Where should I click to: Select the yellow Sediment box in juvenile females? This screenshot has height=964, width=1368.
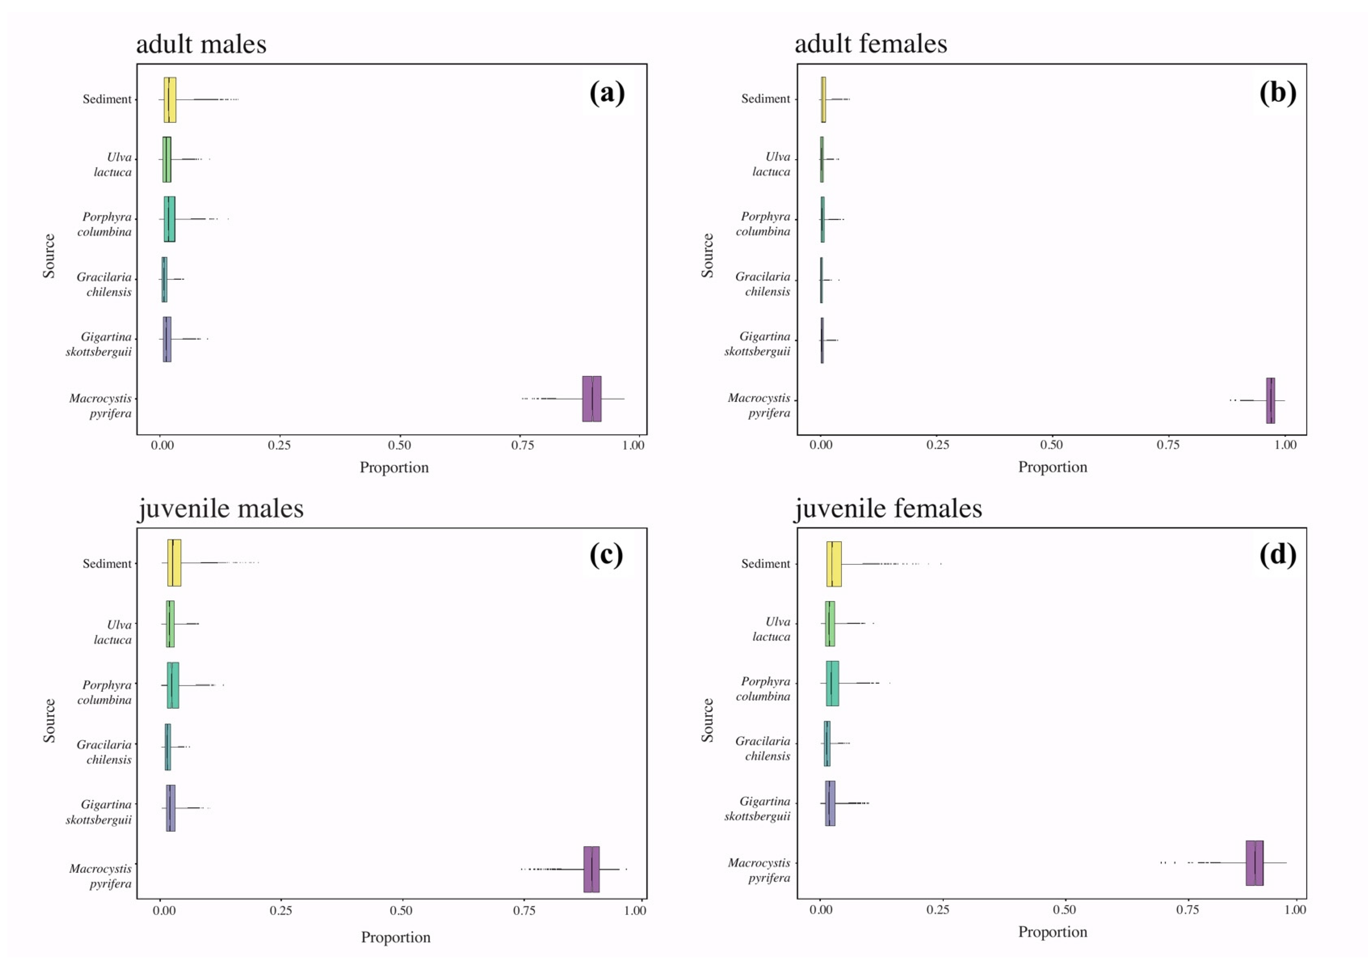pyautogui.click(x=834, y=563)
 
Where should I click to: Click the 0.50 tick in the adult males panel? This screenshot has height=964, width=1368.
pyautogui.click(x=399, y=445)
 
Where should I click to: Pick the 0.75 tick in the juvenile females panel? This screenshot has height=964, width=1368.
pyautogui.click(x=1187, y=910)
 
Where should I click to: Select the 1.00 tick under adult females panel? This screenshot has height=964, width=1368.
pyautogui.click(x=1285, y=444)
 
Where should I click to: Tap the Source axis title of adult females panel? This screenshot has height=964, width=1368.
pyautogui.click(x=707, y=256)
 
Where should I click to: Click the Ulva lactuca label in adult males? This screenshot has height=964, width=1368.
pyautogui.click(x=113, y=164)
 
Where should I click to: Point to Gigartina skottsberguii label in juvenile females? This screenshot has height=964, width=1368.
pyautogui.click(x=757, y=808)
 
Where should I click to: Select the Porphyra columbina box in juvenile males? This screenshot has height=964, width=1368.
pyautogui.click(x=173, y=685)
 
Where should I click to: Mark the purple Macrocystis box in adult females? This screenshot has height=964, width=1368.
pyautogui.click(x=1270, y=401)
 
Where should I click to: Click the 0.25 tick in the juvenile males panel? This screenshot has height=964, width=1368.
pyautogui.click(x=281, y=910)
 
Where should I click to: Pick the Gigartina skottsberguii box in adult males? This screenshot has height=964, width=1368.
pyautogui.click(x=167, y=339)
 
